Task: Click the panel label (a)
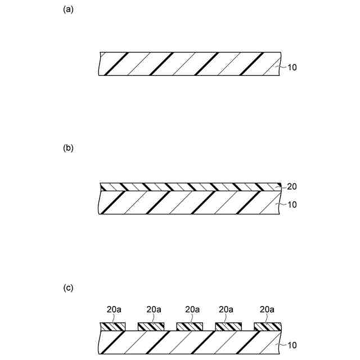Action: coord(69,9)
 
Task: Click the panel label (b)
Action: coord(69,148)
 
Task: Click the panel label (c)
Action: coord(69,288)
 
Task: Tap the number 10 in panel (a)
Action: coord(292,67)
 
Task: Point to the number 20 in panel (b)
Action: coord(292,186)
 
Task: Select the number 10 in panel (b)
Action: coord(292,205)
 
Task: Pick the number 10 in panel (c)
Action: coord(292,345)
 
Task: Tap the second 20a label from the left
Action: coord(154,309)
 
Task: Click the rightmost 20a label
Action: coord(268,309)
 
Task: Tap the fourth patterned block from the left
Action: coord(229,326)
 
